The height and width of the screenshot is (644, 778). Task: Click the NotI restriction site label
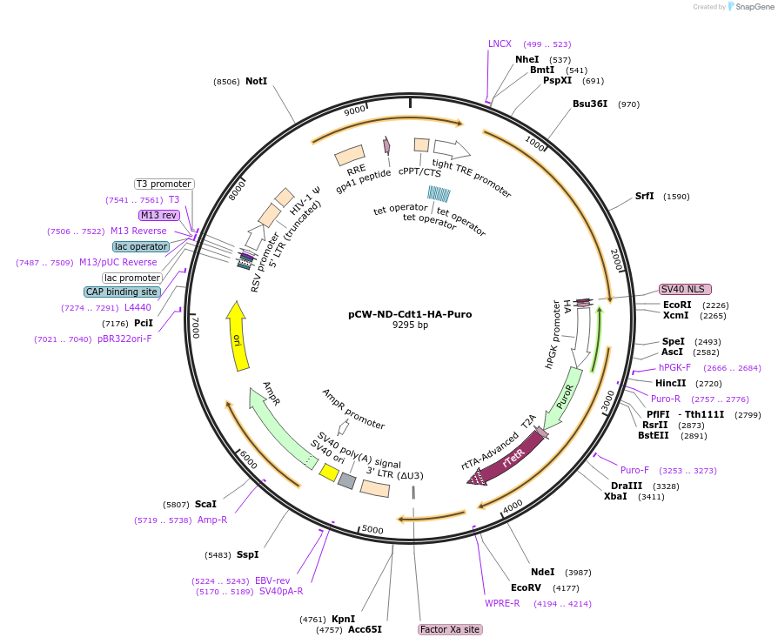256,81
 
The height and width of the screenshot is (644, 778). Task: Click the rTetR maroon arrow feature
512,457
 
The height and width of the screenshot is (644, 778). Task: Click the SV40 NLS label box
685,289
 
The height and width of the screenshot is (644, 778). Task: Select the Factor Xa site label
450,629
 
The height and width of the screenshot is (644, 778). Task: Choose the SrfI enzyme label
644,196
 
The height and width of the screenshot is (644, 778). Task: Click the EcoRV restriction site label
526,587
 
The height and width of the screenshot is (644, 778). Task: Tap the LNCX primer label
500,44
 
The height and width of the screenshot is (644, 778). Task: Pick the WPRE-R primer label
502,603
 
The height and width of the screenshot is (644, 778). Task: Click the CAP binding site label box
122,292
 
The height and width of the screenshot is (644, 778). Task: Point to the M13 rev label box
158,215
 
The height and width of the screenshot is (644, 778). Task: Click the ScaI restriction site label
205,504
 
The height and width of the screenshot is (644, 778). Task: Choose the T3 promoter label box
164,184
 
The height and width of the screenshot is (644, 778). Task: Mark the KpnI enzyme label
343,619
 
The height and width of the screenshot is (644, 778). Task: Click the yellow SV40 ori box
329,472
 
